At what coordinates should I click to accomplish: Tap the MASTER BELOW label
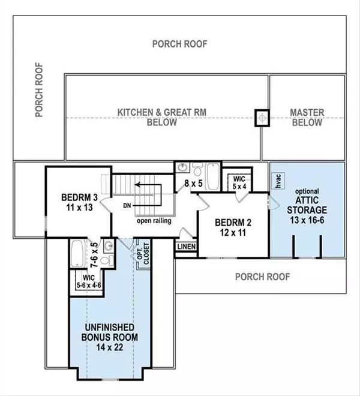(x=307, y=118)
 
